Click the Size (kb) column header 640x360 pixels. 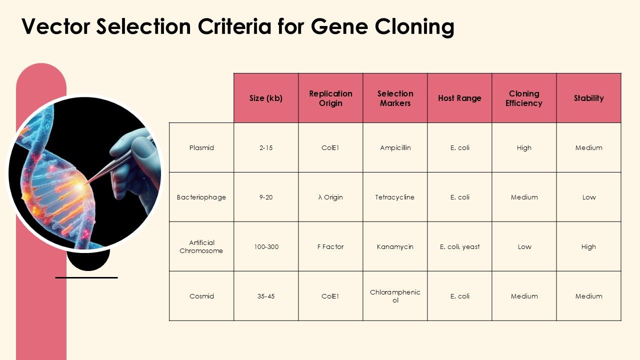[x=266, y=98]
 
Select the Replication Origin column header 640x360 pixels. [x=330, y=98]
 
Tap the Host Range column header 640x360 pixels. [x=459, y=98]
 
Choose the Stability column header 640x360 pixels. [x=588, y=98]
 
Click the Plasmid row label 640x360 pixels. [x=201, y=147]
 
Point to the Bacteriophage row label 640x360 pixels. [x=201, y=197]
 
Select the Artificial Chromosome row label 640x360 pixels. [x=201, y=246]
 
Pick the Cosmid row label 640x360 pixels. [x=201, y=296]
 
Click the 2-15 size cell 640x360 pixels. [x=266, y=147]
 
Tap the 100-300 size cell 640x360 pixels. [x=266, y=246]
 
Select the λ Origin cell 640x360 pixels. [x=330, y=197]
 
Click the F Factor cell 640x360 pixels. [x=330, y=246]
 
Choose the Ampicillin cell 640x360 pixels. [x=395, y=147]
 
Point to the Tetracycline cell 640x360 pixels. [x=395, y=197]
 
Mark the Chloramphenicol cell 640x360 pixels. [x=395, y=296]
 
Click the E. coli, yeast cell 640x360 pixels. [x=459, y=246]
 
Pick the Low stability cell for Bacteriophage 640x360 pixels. [x=588, y=197]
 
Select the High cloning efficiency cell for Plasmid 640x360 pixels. [x=524, y=147]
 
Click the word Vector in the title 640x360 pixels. [x=55, y=26]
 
